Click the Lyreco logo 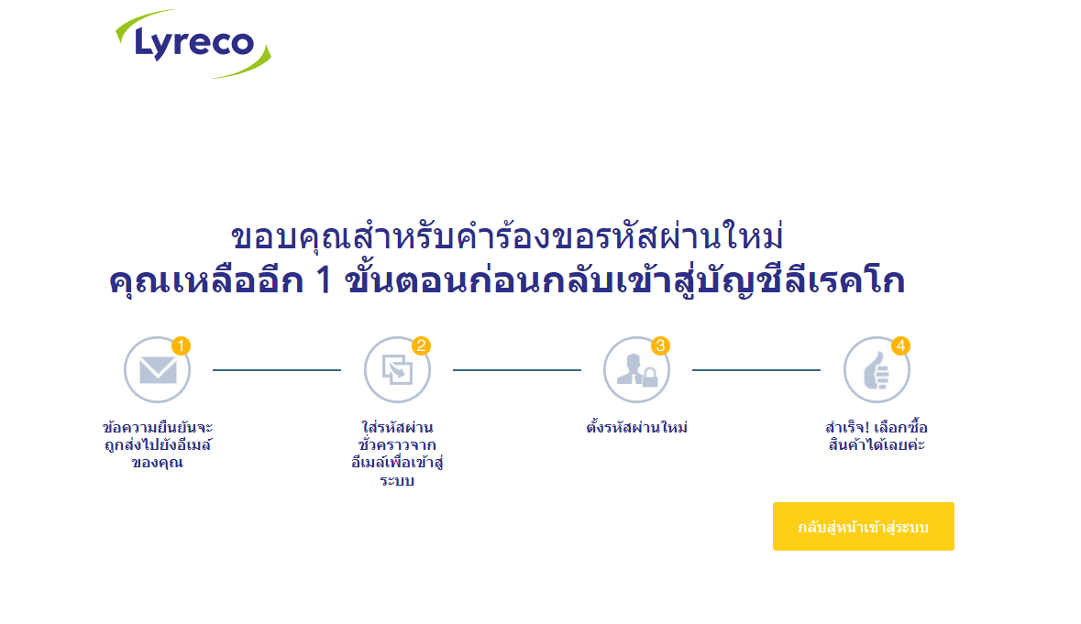193,43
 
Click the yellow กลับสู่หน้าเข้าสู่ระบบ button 863,527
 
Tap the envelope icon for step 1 157,370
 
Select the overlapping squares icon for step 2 397,370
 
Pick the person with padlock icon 636,370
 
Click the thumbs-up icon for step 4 876,370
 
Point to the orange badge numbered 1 182,345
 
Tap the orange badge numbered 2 422,345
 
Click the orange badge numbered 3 661,345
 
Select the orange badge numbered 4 901,345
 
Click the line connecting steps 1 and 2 277,370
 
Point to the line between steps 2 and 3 517,370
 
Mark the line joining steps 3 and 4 756,370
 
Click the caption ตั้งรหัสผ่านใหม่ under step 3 636,428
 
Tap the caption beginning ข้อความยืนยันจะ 158,444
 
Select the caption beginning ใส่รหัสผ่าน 397,454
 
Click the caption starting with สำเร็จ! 877,436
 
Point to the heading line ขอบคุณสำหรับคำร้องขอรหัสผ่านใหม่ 507,238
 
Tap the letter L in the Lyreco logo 146,41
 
